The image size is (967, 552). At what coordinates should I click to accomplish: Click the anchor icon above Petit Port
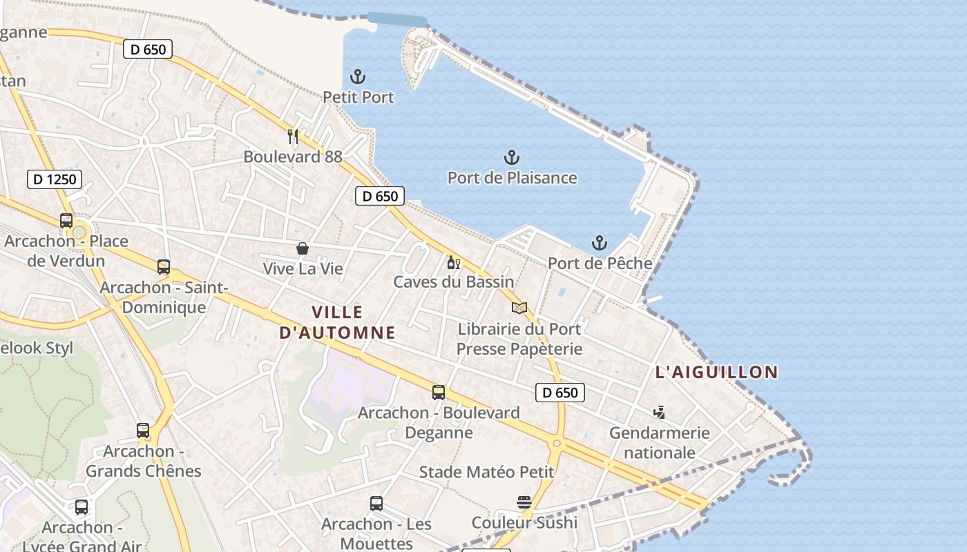[358, 77]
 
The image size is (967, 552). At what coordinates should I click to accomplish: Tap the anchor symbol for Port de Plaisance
[512, 157]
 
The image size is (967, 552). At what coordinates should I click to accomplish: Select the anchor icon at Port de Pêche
[600, 243]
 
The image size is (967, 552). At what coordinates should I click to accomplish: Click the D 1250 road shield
[55, 179]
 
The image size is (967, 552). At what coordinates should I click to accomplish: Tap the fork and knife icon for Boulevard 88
[293, 137]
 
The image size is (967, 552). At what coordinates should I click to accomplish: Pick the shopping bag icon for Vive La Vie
[303, 248]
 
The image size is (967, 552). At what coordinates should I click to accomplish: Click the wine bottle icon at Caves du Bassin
[454, 262]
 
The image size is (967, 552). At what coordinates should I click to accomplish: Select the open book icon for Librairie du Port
[519, 308]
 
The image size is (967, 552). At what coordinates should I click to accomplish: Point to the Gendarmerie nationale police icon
[659, 413]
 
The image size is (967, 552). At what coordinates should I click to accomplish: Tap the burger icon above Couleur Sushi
[524, 502]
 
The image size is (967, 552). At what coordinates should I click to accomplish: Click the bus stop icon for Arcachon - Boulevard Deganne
[439, 393]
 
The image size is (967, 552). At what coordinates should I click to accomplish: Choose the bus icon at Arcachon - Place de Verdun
[66, 221]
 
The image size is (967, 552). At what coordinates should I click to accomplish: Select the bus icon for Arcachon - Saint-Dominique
[164, 267]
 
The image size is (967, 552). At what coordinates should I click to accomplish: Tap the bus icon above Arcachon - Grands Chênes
[143, 431]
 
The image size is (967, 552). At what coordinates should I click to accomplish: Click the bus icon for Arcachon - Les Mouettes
[376, 504]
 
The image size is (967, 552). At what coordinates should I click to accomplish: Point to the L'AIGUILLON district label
[716, 372]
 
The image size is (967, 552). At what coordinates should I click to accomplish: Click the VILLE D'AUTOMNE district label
[338, 322]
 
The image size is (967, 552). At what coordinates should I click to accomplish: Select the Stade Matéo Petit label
[487, 472]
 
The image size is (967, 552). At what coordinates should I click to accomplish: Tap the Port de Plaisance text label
[512, 177]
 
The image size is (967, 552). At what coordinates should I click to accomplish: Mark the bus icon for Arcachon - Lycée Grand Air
[82, 507]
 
